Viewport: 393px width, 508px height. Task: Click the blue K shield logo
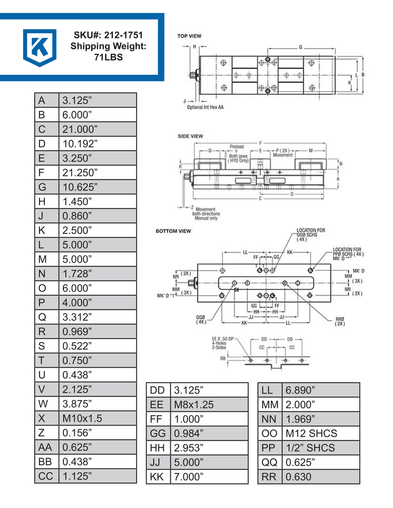40,47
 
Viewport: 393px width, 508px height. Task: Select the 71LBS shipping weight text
107,57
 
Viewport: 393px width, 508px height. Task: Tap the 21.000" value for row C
80,129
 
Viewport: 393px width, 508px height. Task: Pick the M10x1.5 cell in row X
82,418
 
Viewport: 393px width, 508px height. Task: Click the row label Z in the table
42,432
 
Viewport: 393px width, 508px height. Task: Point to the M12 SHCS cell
311,433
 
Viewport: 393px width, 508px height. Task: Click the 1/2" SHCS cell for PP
310,448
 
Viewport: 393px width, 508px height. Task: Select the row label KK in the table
156,477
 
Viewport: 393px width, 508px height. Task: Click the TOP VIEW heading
189,36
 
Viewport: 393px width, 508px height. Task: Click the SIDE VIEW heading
190,136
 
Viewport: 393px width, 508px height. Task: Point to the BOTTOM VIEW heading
173,231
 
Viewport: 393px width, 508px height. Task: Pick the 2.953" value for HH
189,448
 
